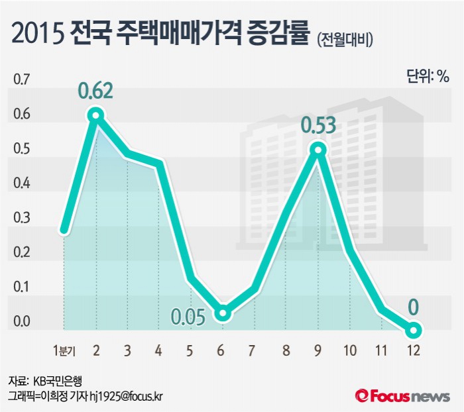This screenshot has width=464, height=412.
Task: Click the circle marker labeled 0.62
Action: (95, 116)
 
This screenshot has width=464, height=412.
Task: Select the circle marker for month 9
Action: (318, 150)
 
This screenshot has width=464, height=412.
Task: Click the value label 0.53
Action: (318, 125)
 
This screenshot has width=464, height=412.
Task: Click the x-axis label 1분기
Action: (64, 349)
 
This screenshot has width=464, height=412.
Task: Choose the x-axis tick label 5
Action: (190, 349)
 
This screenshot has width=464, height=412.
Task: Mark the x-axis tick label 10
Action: (350, 349)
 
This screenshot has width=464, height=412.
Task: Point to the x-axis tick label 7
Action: (254, 349)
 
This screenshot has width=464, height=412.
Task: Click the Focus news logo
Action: (404, 395)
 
